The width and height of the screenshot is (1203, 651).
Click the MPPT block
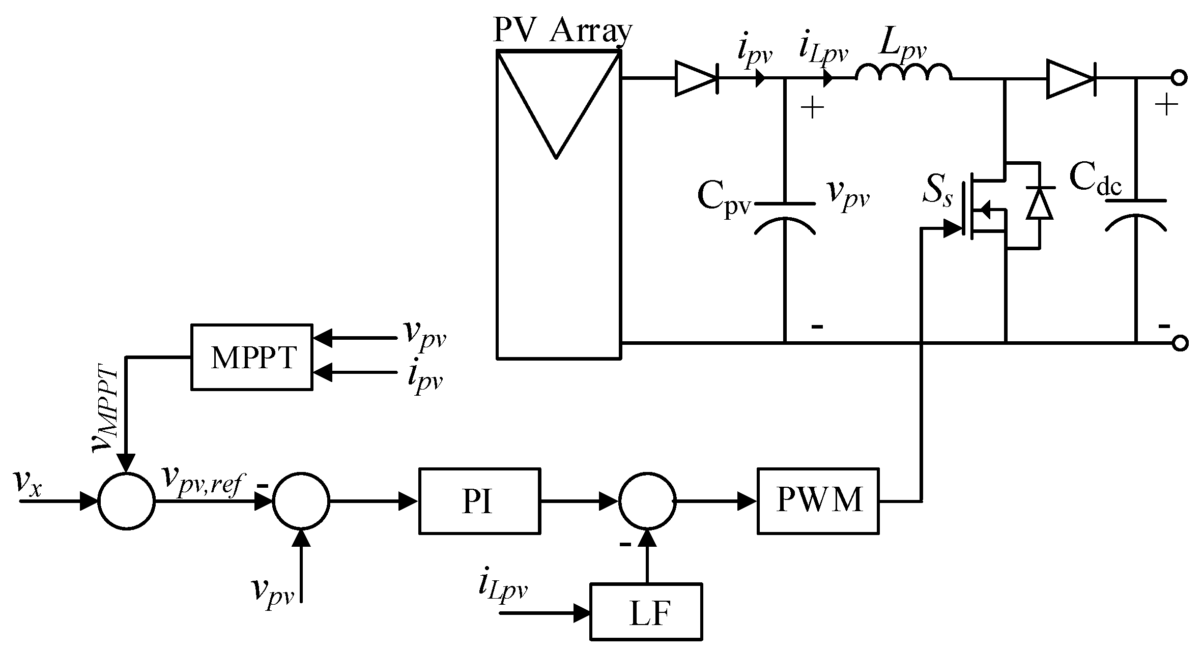252,357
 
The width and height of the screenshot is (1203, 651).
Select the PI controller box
479,501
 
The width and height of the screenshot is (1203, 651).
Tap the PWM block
818,501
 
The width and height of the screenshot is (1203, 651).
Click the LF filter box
646,612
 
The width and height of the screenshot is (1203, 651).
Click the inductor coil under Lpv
903,73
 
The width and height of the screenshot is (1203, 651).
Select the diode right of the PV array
696,78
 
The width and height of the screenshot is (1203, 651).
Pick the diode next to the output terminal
1070,78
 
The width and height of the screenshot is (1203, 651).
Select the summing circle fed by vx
126,501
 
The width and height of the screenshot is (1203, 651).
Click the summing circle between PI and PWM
647,501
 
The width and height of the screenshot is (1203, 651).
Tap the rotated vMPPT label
106,407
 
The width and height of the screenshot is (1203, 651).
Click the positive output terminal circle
1180,78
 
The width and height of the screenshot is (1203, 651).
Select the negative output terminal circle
1180,343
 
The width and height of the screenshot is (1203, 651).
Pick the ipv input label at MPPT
425,378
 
